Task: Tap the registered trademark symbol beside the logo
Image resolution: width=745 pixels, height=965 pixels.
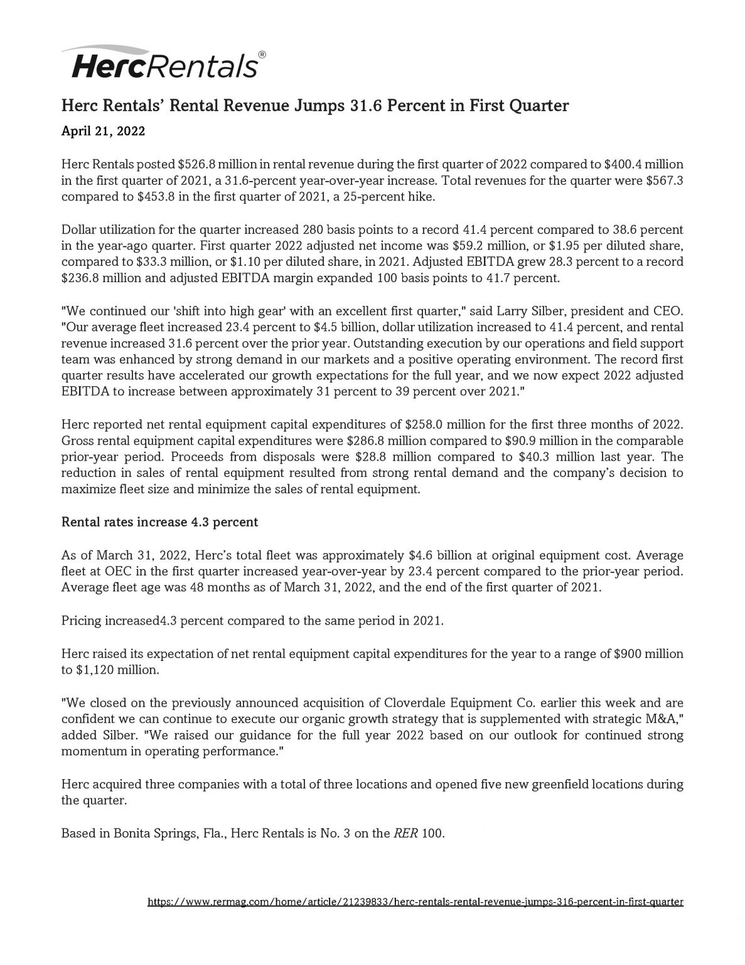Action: coord(262,55)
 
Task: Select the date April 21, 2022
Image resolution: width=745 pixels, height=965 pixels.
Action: coord(103,131)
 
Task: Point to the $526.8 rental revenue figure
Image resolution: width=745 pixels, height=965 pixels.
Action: coord(196,165)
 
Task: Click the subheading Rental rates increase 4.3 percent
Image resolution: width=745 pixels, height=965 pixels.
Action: coord(159,521)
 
